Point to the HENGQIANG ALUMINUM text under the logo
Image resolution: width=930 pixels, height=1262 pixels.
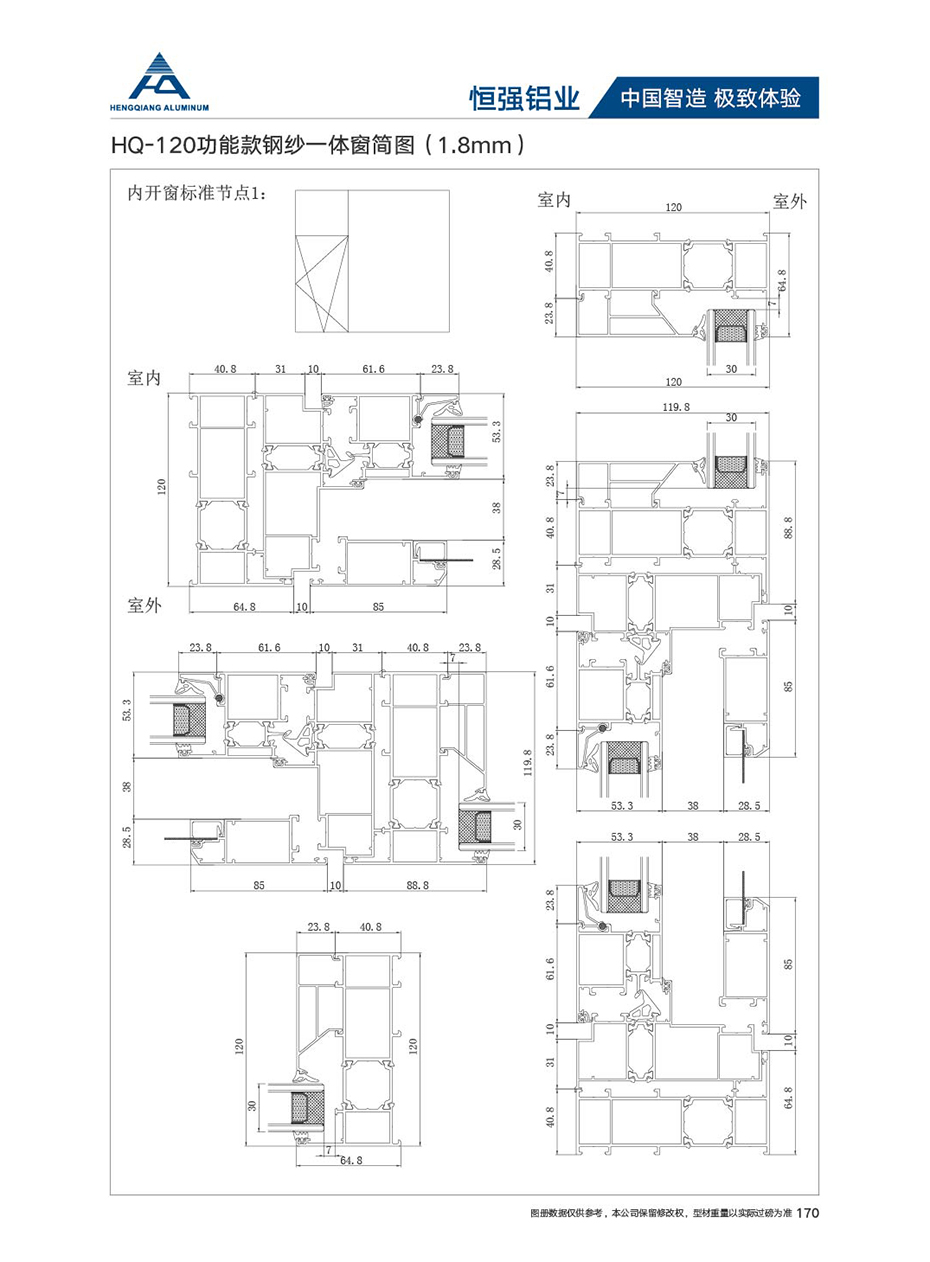(160, 107)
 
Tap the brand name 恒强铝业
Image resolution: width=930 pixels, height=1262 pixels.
(525, 98)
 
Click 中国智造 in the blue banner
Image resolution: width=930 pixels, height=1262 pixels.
(663, 98)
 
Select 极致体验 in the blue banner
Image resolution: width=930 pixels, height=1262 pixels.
(757, 98)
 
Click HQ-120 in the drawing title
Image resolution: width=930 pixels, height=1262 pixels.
(149, 146)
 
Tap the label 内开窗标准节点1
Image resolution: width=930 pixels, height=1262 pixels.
(196, 194)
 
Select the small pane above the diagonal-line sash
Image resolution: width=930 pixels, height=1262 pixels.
(322, 212)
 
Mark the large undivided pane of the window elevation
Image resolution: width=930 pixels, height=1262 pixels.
(398, 261)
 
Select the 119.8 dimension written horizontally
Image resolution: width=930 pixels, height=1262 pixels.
(676, 407)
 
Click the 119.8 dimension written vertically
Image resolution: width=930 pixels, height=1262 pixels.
(527, 763)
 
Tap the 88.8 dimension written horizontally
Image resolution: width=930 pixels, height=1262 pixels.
(417, 885)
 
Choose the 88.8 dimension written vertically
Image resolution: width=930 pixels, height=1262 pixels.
(788, 528)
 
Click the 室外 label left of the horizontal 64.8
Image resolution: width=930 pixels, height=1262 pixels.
(144, 605)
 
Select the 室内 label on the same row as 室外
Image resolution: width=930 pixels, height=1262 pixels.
(554, 200)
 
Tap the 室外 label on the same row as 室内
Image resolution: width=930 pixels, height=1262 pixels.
(790, 201)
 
